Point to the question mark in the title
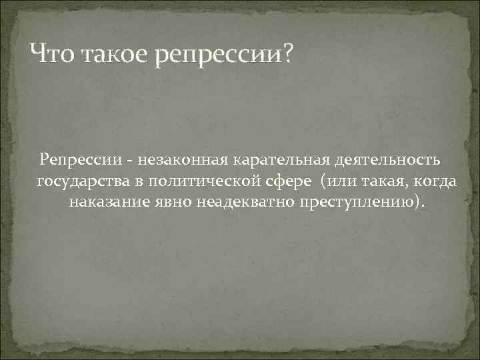click(x=287, y=51)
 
